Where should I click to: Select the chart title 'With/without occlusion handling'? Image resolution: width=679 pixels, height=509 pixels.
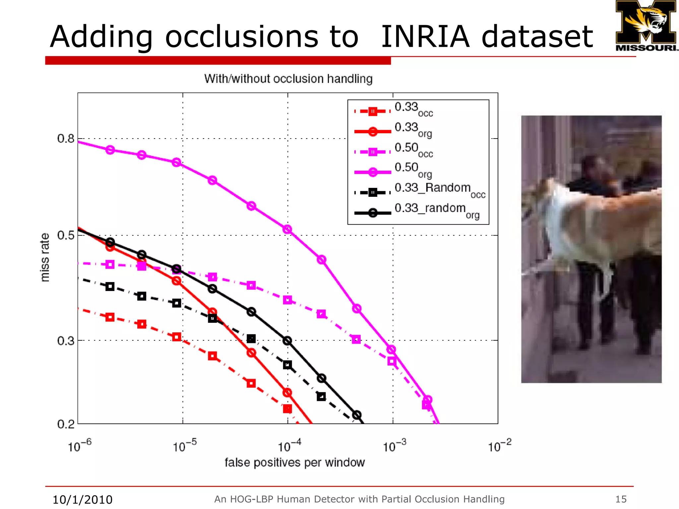click(x=288, y=79)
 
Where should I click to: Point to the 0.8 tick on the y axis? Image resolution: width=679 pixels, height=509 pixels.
click(x=66, y=139)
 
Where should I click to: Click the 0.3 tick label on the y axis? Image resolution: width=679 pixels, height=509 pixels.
click(x=66, y=341)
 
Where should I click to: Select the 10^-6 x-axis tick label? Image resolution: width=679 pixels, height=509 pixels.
click(x=79, y=446)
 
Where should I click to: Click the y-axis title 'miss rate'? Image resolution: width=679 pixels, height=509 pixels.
click(x=45, y=257)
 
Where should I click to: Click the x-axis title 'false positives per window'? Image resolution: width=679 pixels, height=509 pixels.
click(x=294, y=463)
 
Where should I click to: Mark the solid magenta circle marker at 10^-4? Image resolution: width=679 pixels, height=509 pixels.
click(x=287, y=229)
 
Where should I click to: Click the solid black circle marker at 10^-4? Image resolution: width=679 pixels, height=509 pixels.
click(x=287, y=341)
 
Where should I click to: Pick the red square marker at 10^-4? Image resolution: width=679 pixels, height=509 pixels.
click(x=287, y=409)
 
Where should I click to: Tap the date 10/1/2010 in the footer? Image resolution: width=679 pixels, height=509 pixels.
click(x=83, y=499)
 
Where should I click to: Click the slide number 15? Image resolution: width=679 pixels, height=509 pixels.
click(x=621, y=499)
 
